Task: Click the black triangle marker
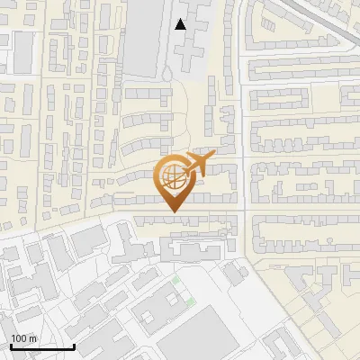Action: [x=181, y=24]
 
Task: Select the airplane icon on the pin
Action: [x=197, y=164]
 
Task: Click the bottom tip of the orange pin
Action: [x=173, y=211]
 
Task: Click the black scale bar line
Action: [x=41, y=346]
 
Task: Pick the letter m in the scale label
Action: [x=33, y=338]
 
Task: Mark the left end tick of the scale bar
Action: [x=10, y=345]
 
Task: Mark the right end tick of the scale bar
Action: [x=74, y=345]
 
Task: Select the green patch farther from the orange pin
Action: [x=190, y=301]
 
